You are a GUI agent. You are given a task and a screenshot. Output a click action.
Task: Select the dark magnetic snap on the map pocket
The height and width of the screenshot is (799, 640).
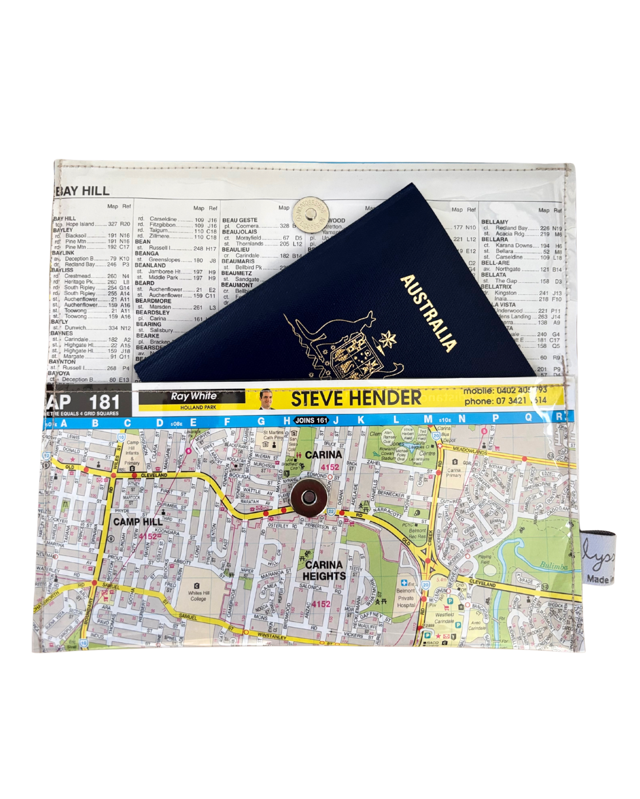tap(308, 498)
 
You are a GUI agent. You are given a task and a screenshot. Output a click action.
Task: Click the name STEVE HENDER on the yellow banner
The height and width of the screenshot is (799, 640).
tap(356, 399)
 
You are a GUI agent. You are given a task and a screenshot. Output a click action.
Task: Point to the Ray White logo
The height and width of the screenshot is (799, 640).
tap(194, 397)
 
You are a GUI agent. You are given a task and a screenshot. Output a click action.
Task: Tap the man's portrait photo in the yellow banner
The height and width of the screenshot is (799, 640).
tap(267, 399)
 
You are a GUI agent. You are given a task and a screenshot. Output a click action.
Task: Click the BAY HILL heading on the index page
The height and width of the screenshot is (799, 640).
tap(83, 191)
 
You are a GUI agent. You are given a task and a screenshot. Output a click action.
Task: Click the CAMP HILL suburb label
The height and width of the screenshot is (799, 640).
tap(137, 521)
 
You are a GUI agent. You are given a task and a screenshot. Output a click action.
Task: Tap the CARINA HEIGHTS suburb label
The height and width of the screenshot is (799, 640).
tap(324, 571)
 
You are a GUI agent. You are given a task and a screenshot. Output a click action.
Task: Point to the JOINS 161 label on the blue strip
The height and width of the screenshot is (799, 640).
tap(312, 420)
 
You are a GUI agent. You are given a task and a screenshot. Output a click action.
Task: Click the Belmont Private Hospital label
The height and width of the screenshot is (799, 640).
tap(406, 598)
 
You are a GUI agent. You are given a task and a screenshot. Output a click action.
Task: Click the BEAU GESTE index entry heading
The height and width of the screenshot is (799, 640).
tap(240, 220)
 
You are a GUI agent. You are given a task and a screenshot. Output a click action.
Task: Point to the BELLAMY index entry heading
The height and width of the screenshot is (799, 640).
tap(495, 222)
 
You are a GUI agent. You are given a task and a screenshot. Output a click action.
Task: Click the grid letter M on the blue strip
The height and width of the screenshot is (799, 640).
tap(427, 420)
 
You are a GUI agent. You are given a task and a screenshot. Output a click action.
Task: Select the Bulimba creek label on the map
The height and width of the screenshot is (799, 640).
tap(553, 566)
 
